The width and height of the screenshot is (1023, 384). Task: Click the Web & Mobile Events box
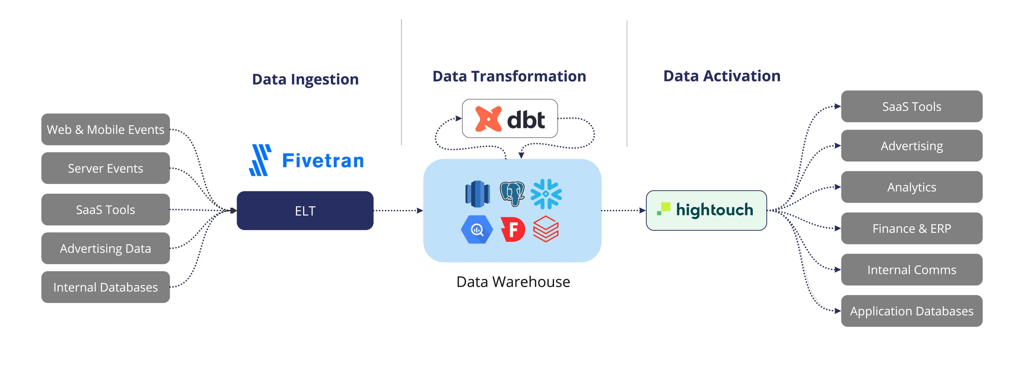pos(105,129)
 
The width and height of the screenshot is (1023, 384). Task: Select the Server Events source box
pos(105,168)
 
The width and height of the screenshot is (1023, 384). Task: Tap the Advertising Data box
pos(105,248)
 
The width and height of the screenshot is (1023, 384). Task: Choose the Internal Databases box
pos(105,287)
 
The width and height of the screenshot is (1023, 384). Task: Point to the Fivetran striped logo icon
pos(260,160)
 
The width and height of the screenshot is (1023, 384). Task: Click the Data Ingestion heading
pos(305,79)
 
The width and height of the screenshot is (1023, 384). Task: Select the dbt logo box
pos(510,118)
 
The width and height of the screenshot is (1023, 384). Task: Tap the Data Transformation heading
pos(509,76)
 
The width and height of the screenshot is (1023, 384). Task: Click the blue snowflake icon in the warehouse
pos(546,194)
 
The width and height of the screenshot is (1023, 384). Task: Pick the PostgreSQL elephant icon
pos(512,194)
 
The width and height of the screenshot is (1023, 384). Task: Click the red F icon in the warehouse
pos(513,229)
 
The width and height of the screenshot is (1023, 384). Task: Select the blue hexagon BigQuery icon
pos(477,229)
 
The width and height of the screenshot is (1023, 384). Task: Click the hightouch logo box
pos(706,210)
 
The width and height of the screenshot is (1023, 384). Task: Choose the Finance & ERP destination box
pos(911,228)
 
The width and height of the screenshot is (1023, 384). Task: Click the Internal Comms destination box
pos(911,270)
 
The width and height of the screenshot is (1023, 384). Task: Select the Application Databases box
pos(911,311)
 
